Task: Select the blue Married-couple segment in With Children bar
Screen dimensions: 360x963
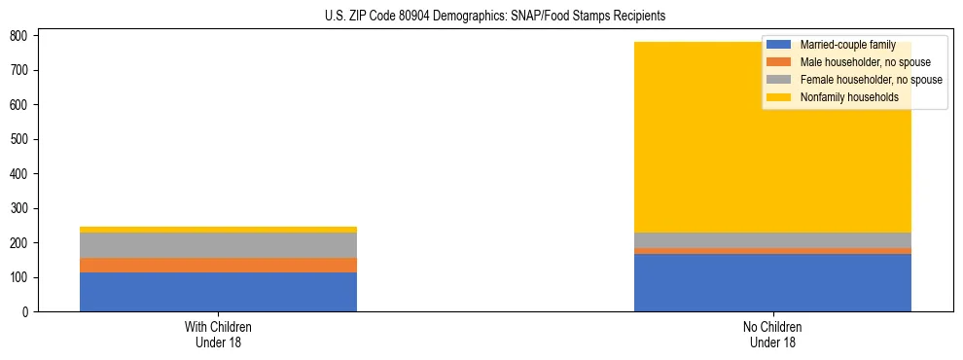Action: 218,292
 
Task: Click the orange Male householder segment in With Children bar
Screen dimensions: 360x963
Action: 218,265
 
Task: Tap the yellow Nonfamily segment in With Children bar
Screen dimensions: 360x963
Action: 218,230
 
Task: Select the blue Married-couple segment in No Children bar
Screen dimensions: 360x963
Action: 772,283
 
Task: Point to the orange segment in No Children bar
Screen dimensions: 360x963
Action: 772,251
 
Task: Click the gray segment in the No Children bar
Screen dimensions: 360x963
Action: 772,240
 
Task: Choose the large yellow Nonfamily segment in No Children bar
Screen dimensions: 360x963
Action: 681,136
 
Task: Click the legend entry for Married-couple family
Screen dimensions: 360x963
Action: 847,45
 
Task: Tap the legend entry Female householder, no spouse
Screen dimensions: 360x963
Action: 871,80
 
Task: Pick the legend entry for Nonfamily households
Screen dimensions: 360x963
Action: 848,97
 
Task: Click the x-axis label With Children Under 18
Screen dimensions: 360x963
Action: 218,334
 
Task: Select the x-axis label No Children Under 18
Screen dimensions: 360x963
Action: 772,334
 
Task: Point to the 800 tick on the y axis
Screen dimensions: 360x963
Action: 21,36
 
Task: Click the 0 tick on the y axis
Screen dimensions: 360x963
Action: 27,312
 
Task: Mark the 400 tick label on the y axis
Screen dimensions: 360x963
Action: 21,174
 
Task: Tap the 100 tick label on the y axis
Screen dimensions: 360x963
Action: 21,278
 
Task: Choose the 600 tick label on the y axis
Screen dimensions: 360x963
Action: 21,105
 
